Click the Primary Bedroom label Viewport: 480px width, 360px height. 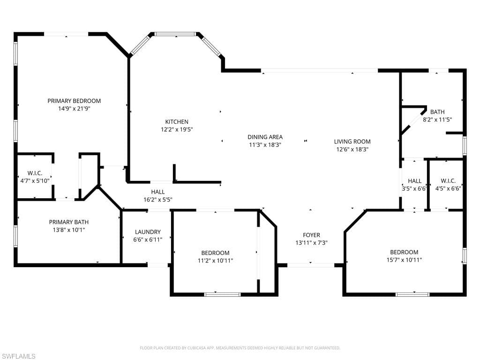[74, 101]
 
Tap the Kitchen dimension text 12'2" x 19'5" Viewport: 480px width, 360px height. [177, 129]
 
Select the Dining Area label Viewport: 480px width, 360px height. [265, 137]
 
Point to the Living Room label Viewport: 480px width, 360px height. [352, 142]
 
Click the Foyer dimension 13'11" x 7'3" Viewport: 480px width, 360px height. [312, 243]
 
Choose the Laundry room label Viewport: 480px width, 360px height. [148, 232]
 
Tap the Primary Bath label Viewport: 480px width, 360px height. [69, 222]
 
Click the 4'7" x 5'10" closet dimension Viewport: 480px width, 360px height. [35, 181]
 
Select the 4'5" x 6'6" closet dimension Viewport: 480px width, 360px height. [448, 188]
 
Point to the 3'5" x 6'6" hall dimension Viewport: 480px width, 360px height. [414, 188]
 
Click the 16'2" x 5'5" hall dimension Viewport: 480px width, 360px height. [158, 200]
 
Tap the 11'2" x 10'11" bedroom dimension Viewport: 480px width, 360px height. [216, 261]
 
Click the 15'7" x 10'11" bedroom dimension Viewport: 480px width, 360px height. [405, 260]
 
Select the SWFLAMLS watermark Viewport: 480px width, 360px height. [18, 356]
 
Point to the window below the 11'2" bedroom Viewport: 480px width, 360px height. [223, 294]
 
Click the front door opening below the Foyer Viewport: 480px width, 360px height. [311, 265]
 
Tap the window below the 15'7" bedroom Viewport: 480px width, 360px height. [412, 294]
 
